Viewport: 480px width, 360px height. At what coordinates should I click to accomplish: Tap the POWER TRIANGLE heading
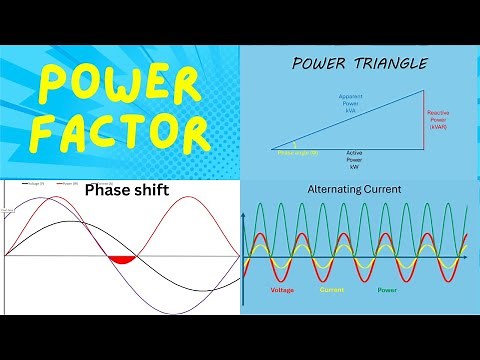(359, 64)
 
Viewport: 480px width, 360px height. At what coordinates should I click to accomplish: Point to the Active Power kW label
(354, 161)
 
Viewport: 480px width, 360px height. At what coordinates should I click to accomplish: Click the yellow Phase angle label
(298, 152)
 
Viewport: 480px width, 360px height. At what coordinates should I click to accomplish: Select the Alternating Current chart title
(356, 189)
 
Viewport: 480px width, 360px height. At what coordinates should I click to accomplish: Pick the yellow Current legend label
(333, 290)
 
